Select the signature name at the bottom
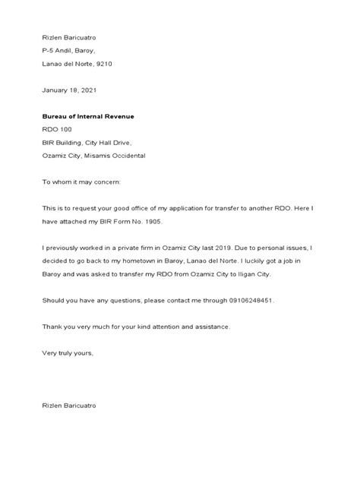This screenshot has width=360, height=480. [x=69, y=406]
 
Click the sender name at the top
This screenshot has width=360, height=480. [x=69, y=36]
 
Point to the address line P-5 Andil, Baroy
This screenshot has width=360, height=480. [x=74, y=50]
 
